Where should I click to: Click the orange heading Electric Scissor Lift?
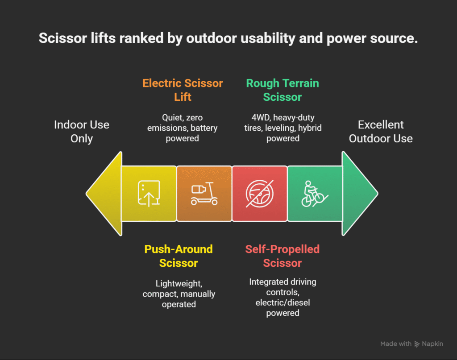(183, 90)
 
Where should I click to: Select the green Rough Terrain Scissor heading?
(283, 90)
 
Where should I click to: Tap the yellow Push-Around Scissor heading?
(179, 256)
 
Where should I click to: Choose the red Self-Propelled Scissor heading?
(283, 256)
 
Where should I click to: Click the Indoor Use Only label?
(82, 132)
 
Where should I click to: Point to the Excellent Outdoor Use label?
(381, 132)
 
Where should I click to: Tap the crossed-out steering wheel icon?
(259, 194)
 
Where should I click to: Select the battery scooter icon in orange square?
(204, 194)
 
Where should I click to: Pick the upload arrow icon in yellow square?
(149, 194)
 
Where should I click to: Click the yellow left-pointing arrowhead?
(104, 194)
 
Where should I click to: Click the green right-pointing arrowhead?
(360, 194)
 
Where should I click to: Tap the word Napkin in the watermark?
(432, 344)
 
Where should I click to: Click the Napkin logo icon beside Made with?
(417, 344)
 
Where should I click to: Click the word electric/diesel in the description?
(283, 302)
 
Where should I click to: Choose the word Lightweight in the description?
(179, 284)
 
